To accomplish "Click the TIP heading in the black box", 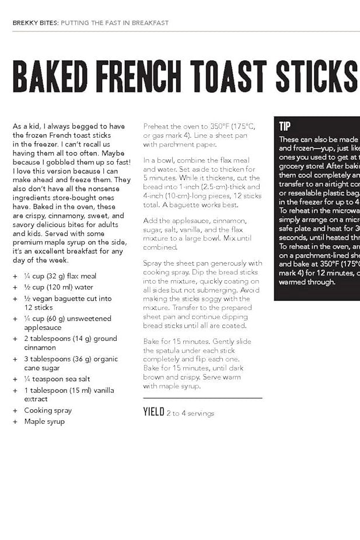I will click(285, 127).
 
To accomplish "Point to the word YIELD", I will click(153, 412).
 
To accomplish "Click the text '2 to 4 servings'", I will click(190, 413).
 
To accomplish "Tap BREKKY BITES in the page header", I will click(35, 23).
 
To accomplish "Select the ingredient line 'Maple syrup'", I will click(44, 421).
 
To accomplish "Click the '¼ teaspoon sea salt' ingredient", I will click(57, 379).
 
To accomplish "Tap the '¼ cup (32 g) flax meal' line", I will click(60, 276).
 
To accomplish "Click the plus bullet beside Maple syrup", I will click(15, 421).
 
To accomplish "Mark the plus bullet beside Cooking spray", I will click(15, 410).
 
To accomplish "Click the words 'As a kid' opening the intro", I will click(27, 126).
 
